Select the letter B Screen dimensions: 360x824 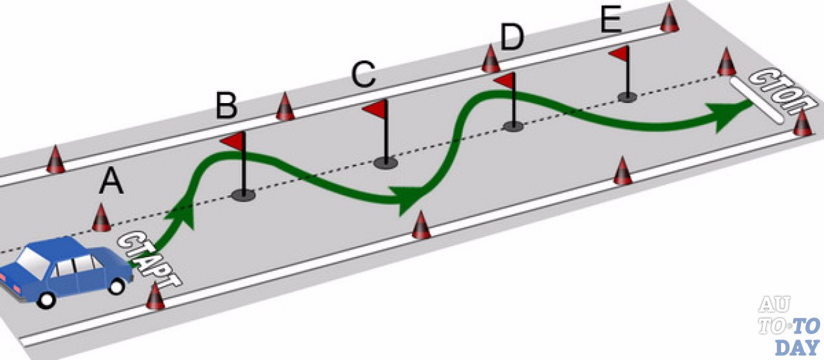click(226, 106)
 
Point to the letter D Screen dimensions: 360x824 click(512, 39)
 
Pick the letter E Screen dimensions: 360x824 click(610, 21)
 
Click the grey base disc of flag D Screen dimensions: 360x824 click(513, 126)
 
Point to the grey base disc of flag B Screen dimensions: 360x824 click(244, 194)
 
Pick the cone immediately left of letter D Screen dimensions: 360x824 click(491, 59)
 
